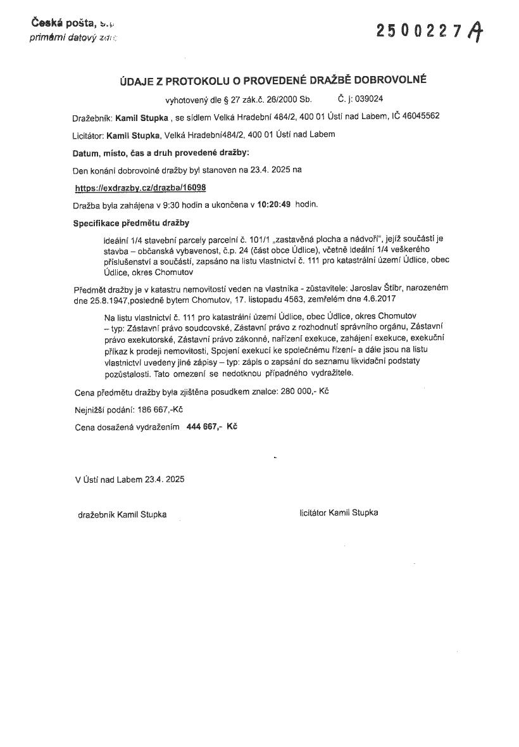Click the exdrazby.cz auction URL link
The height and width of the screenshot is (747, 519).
tap(140, 188)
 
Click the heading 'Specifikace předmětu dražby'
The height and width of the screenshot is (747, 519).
tap(131, 223)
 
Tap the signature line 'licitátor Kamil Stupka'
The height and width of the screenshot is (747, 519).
tap(339, 513)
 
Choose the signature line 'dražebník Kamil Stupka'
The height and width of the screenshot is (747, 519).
tap(122, 514)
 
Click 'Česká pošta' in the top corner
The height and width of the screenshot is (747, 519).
tap(63, 23)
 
